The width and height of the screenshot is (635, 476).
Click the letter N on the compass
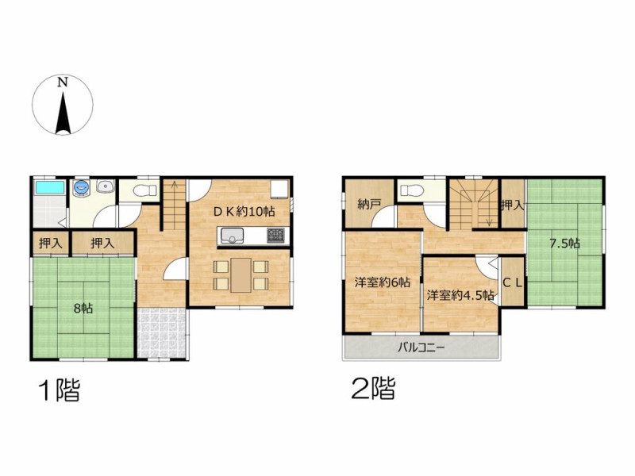tap(62, 83)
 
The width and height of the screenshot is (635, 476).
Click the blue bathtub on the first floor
tap(50, 187)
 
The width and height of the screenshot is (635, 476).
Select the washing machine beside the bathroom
tap(82, 188)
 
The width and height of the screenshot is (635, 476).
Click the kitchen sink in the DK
tap(231, 235)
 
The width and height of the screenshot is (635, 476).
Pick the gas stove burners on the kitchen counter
tap(275, 235)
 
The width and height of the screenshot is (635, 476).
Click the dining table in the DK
tap(241, 274)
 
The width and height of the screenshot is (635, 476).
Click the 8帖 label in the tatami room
tap(83, 309)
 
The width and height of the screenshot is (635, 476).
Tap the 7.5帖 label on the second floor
tap(564, 244)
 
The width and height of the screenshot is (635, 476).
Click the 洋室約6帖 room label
tap(383, 282)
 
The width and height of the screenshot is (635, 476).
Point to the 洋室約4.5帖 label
tap(460, 295)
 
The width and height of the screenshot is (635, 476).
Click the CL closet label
tap(513, 283)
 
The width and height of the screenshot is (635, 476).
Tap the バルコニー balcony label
tap(421, 347)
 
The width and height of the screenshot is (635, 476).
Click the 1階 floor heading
tap(59, 390)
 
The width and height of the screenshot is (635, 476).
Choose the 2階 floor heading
tap(373, 388)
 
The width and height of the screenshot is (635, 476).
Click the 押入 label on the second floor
tap(513, 205)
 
